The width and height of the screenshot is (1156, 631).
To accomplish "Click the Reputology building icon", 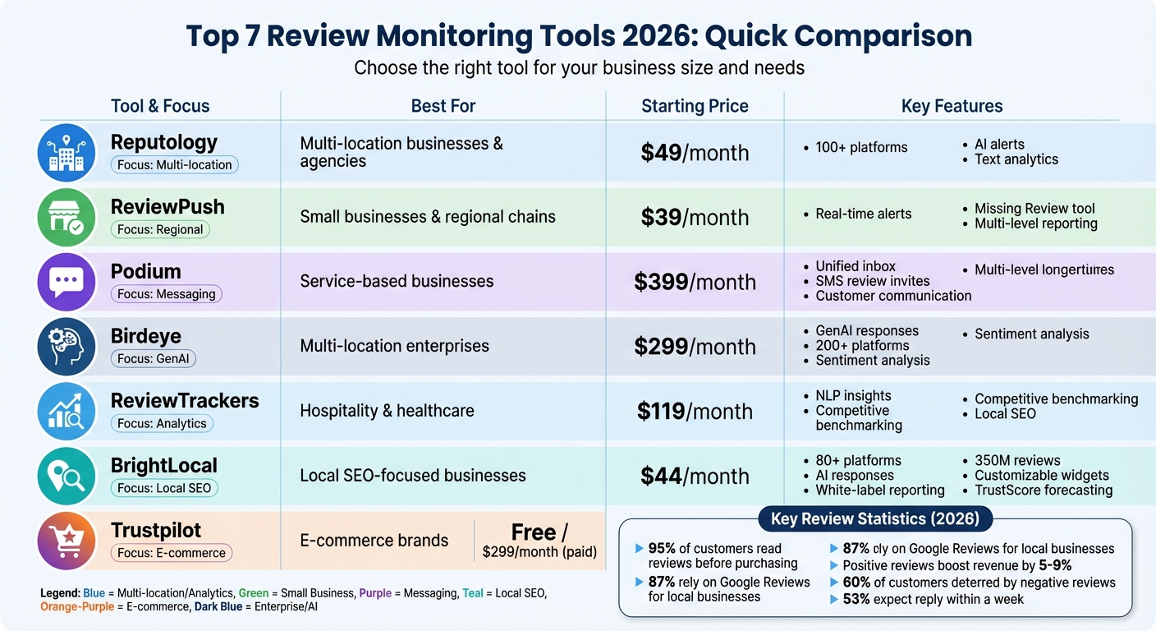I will pyautogui.click(x=67, y=153).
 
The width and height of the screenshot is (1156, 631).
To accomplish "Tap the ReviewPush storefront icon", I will pyautogui.click(x=67, y=217).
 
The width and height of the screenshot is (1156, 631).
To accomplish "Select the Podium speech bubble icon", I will pyautogui.click(x=67, y=282).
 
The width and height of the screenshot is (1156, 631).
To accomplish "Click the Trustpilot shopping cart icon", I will pyautogui.click(x=67, y=541).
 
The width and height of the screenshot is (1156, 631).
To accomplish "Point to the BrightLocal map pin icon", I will pyautogui.click(x=67, y=476).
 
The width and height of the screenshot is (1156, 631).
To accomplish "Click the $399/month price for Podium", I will pyautogui.click(x=695, y=282).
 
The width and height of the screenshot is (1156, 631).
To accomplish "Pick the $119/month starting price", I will pyautogui.click(x=695, y=411).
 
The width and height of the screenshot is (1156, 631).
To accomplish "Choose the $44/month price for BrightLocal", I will pyautogui.click(x=695, y=476).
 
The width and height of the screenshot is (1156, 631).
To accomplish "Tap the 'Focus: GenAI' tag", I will pyautogui.click(x=154, y=359).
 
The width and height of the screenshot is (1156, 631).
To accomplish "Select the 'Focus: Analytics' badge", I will pyautogui.click(x=162, y=424).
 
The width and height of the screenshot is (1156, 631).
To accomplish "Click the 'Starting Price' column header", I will pyautogui.click(x=695, y=106).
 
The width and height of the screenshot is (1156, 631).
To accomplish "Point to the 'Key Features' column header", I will pyautogui.click(x=952, y=106).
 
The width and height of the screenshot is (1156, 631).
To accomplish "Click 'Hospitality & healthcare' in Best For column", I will pyautogui.click(x=387, y=411).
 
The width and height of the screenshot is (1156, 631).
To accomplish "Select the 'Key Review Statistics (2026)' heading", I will pyautogui.click(x=875, y=519).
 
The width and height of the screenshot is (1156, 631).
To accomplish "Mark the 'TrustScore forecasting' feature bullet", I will pyautogui.click(x=1044, y=491).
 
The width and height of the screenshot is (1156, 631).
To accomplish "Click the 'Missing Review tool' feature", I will pyautogui.click(x=1034, y=209).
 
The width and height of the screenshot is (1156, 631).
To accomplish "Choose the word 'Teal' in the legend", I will pyautogui.click(x=473, y=593).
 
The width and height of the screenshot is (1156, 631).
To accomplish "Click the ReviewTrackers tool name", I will pyautogui.click(x=185, y=401).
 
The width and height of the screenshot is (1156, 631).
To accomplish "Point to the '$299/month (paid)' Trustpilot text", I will pyautogui.click(x=539, y=552).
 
